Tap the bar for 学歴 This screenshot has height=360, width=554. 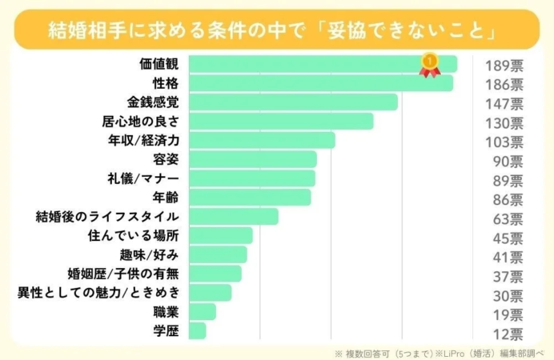[197, 330]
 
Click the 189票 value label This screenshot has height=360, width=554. [504, 65]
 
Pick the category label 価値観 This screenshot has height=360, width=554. [159, 64]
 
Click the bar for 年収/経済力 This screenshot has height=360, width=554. [261, 140]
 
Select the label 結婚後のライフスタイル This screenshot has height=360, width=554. [106, 217]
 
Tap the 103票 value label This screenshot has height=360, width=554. [504, 142]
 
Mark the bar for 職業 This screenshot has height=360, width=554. [202, 311]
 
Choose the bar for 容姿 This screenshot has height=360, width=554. [252, 159]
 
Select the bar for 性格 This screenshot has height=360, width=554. [320, 83]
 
